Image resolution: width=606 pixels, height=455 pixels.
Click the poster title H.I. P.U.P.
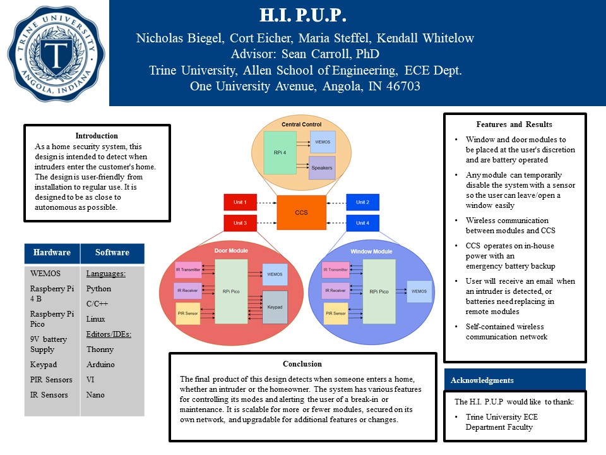coord(304,15)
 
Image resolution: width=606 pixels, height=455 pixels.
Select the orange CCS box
coord(302,212)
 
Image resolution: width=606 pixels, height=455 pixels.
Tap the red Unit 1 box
coord(240,202)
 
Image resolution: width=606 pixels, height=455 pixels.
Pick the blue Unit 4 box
coord(362,223)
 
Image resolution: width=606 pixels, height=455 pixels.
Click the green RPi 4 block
coord(280,152)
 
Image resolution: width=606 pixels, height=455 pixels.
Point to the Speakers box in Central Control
coord(322,168)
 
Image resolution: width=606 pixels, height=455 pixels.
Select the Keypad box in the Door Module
coord(275,307)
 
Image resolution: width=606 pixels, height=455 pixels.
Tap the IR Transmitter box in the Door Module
coord(187,270)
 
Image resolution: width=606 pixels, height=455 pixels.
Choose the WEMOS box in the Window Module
coord(419,291)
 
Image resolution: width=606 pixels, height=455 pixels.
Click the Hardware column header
coord(52,253)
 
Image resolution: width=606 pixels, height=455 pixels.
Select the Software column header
coord(112,253)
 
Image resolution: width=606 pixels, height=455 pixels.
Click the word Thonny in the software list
coord(100,349)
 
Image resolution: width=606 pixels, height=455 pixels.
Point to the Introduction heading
coord(97,135)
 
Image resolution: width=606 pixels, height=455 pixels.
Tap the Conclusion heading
coord(302,364)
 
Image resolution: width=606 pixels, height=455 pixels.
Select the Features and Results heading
coord(514,124)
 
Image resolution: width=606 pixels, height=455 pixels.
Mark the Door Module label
coord(231,251)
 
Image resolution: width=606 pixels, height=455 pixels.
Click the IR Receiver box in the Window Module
coord(336,291)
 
